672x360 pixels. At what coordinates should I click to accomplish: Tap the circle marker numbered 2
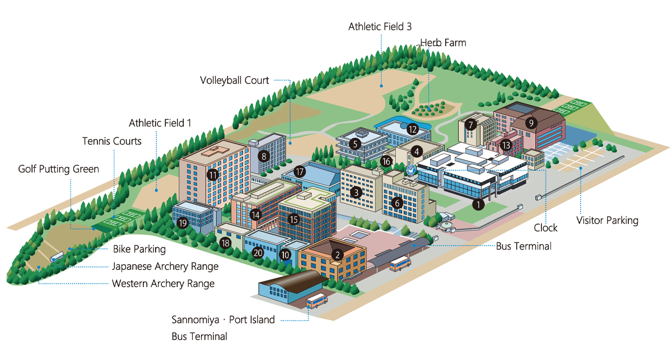[337, 255]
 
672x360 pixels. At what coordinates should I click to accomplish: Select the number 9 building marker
[531, 121]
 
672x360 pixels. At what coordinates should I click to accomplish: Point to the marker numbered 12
[413, 129]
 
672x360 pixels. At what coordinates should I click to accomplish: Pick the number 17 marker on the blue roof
[300, 172]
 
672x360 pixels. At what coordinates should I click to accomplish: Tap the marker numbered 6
[397, 203]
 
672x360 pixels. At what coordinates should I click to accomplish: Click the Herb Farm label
[443, 43]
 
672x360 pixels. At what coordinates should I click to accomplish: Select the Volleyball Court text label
[235, 80]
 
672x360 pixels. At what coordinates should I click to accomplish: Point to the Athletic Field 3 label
[380, 26]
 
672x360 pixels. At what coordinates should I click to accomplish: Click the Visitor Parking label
[607, 220]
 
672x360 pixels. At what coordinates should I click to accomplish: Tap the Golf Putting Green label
[58, 169]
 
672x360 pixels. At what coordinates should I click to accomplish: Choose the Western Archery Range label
[163, 283]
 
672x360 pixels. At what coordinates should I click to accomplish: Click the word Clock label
[545, 227]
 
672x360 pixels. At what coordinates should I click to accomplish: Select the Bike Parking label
[139, 249]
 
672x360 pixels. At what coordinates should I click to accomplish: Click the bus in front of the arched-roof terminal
[316, 301]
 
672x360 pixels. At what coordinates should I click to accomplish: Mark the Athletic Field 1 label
[160, 123]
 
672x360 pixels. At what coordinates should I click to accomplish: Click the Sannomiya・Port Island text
[223, 320]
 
